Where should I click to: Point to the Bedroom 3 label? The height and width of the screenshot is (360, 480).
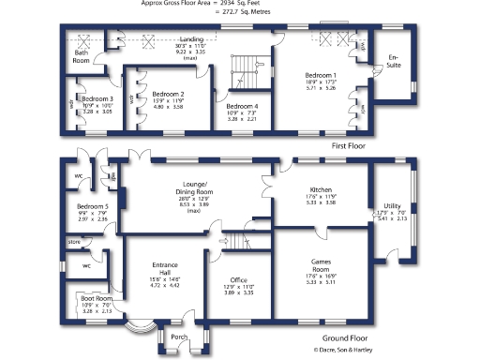[97, 98]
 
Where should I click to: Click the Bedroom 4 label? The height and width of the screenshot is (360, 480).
[242, 106]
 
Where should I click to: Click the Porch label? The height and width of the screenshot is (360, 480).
[179, 337]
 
